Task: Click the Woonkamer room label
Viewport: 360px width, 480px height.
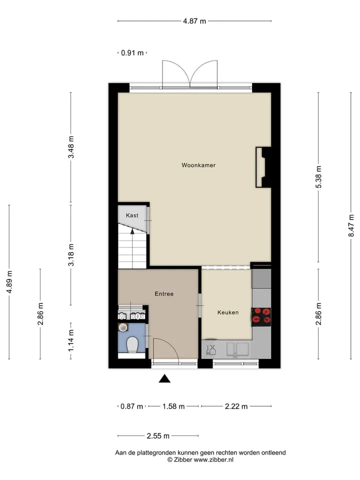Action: pyautogui.click(x=198, y=165)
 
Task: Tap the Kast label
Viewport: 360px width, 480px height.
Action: pyautogui.click(x=132, y=215)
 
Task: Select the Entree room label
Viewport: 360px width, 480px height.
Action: pyautogui.click(x=164, y=294)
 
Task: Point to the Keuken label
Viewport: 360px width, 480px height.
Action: pyautogui.click(x=228, y=312)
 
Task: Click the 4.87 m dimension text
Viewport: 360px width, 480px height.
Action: pyautogui.click(x=194, y=21)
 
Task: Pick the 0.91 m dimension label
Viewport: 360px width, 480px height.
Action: pyautogui.click(x=132, y=53)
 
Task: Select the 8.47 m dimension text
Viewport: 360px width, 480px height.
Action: pyautogui.click(x=351, y=225)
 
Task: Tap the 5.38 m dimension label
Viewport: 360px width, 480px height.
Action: pyautogui.click(x=318, y=177)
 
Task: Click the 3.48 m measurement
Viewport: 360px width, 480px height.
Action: pyautogui.click(x=71, y=147)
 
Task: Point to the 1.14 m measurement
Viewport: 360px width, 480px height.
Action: pyautogui.click(x=71, y=340)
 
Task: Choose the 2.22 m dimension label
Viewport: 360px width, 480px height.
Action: pyautogui.click(x=236, y=406)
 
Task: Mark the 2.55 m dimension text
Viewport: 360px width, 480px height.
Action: pyautogui.click(x=158, y=436)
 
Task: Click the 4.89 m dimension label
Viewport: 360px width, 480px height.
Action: pyautogui.click(x=9, y=282)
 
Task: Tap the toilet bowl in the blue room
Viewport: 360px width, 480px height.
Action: pyautogui.click(x=132, y=344)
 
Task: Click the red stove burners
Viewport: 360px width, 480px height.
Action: pyautogui.click(x=261, y=316)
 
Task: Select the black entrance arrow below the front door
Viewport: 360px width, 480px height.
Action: pyautogui.click(x=164, y=378)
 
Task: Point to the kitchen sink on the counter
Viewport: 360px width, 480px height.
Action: pyautogui.click(x=237, y=349)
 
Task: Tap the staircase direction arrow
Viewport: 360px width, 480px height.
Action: pyautogui.click(x=132, y=231)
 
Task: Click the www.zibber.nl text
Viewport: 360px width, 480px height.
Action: pyautogui.click(x=213, y=459)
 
